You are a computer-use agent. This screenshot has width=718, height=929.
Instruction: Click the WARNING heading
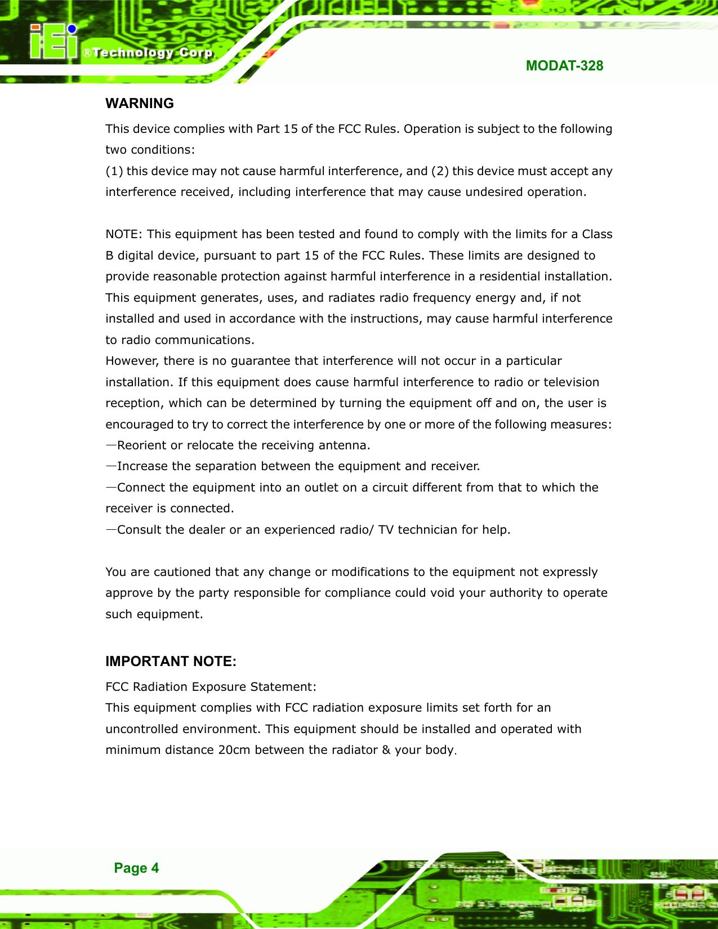pyautogui.click(x=140, y=104)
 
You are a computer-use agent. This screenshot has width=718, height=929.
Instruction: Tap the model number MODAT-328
pyautogui.click(x=564, y=66)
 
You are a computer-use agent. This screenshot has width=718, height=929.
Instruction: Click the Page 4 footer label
pyautogui.click(x=136, y=868)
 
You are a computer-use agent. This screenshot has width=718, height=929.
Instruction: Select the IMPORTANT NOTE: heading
pyautogui.click(x=171, y=661)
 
